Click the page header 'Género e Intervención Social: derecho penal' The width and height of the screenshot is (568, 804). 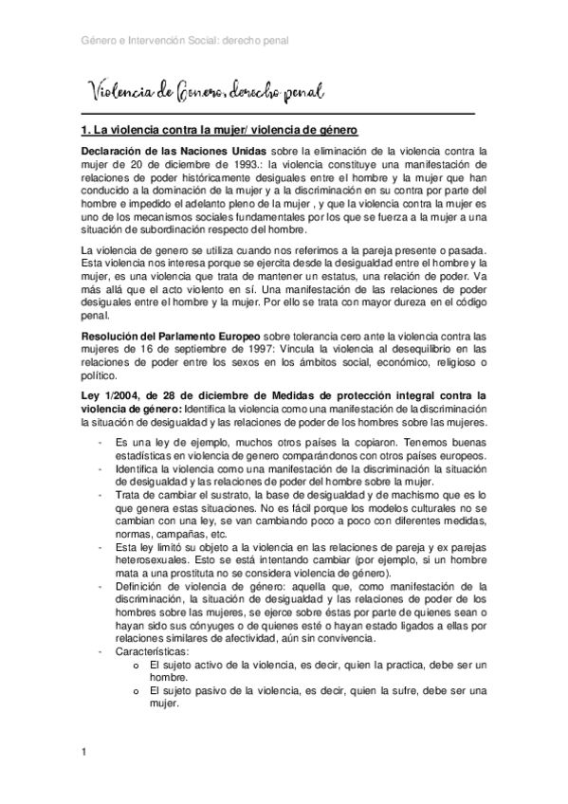click(185, 42)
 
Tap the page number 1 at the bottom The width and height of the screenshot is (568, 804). click(84, 753)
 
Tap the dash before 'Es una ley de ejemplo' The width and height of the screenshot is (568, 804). click(101, 441)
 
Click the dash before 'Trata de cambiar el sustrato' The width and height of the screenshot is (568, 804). click(101, 494)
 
